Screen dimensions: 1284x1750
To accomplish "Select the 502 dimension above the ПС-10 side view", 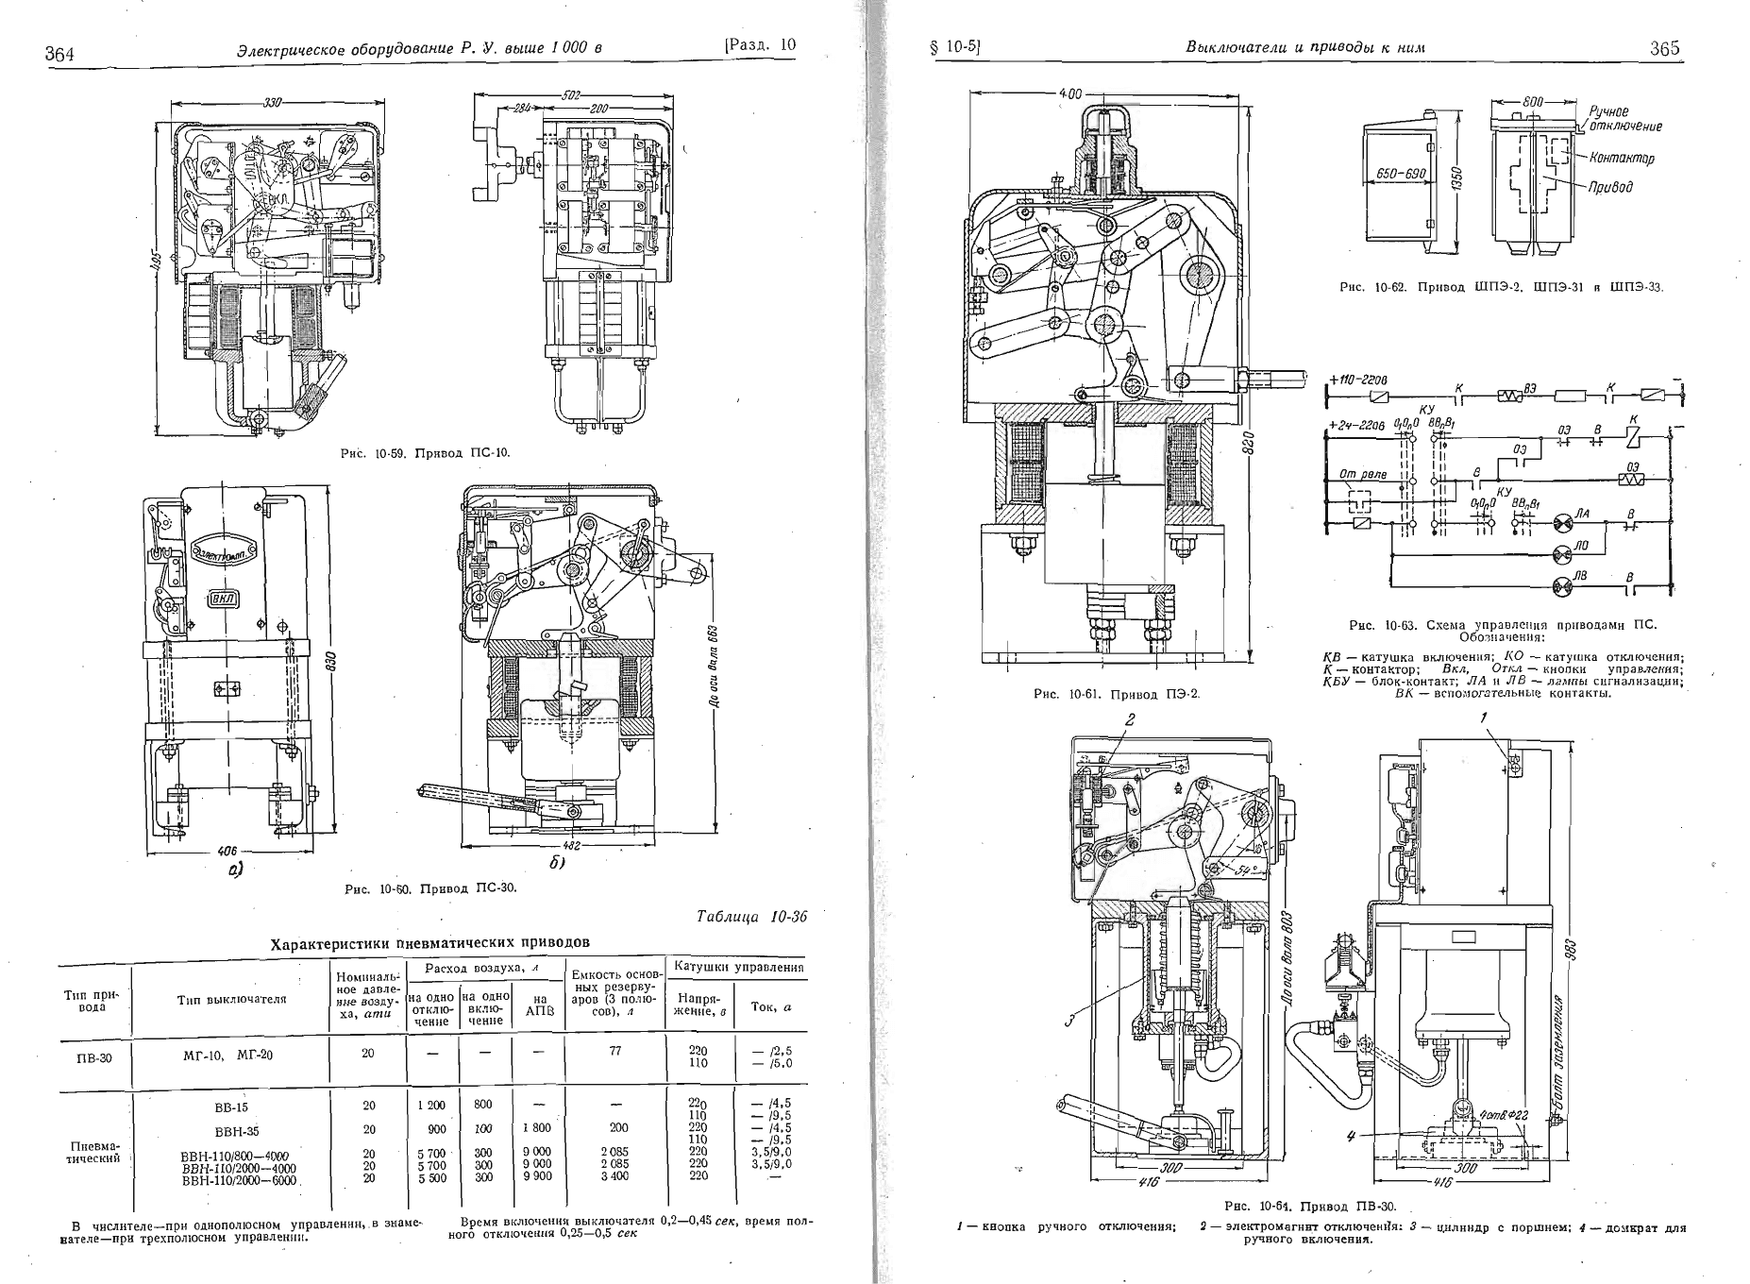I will (569, 95).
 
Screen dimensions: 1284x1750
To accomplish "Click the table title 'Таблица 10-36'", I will (751, 917).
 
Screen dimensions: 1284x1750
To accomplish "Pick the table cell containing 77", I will (614, 1050).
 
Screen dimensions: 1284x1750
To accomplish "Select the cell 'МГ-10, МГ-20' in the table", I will (227, 1055).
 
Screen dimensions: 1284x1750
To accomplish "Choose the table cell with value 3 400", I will (614, 1177).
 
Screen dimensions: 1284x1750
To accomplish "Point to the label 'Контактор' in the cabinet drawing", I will (1622, 159).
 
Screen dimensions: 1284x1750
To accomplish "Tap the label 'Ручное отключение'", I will (1624, 119).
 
